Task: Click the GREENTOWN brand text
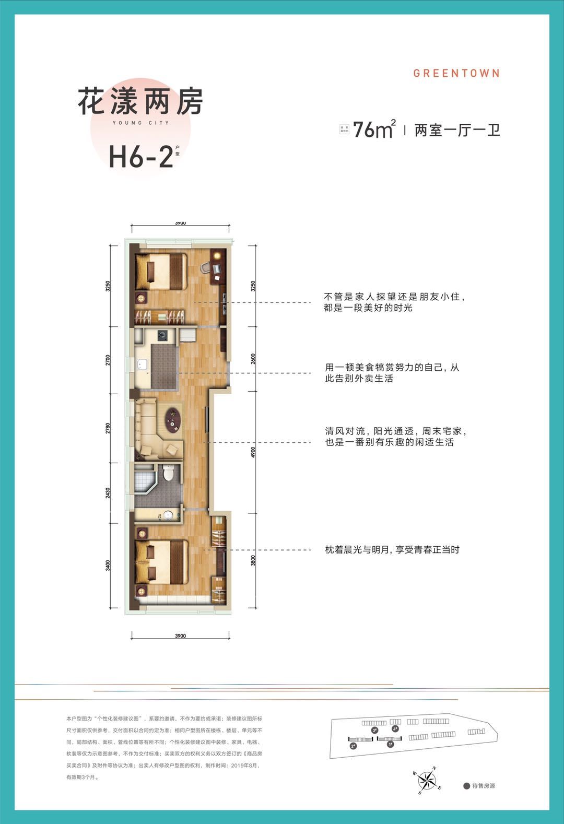[x=456, y=73]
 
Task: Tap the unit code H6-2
[x=141, y=156]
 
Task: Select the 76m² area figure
[x=373, y=129]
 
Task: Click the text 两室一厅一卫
[x=457, y=130]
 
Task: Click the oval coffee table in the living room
[x=172, y=419]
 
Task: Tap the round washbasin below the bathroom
[x=168, y=516]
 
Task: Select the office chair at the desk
[x=206, y=268]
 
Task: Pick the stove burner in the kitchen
[x=162, y=336]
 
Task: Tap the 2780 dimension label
[x=108, y=428]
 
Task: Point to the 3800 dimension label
[x=253, y=560]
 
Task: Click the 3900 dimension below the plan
[x=180, y=636]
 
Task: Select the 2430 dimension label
[x=108, y=493]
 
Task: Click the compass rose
[x=428, y=780]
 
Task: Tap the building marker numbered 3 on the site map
[x=374, y=731]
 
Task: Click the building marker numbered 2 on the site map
[x=354, y=746]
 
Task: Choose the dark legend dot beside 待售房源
[x=466, y=786]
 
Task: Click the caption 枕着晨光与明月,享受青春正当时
[x=392, y=549]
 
